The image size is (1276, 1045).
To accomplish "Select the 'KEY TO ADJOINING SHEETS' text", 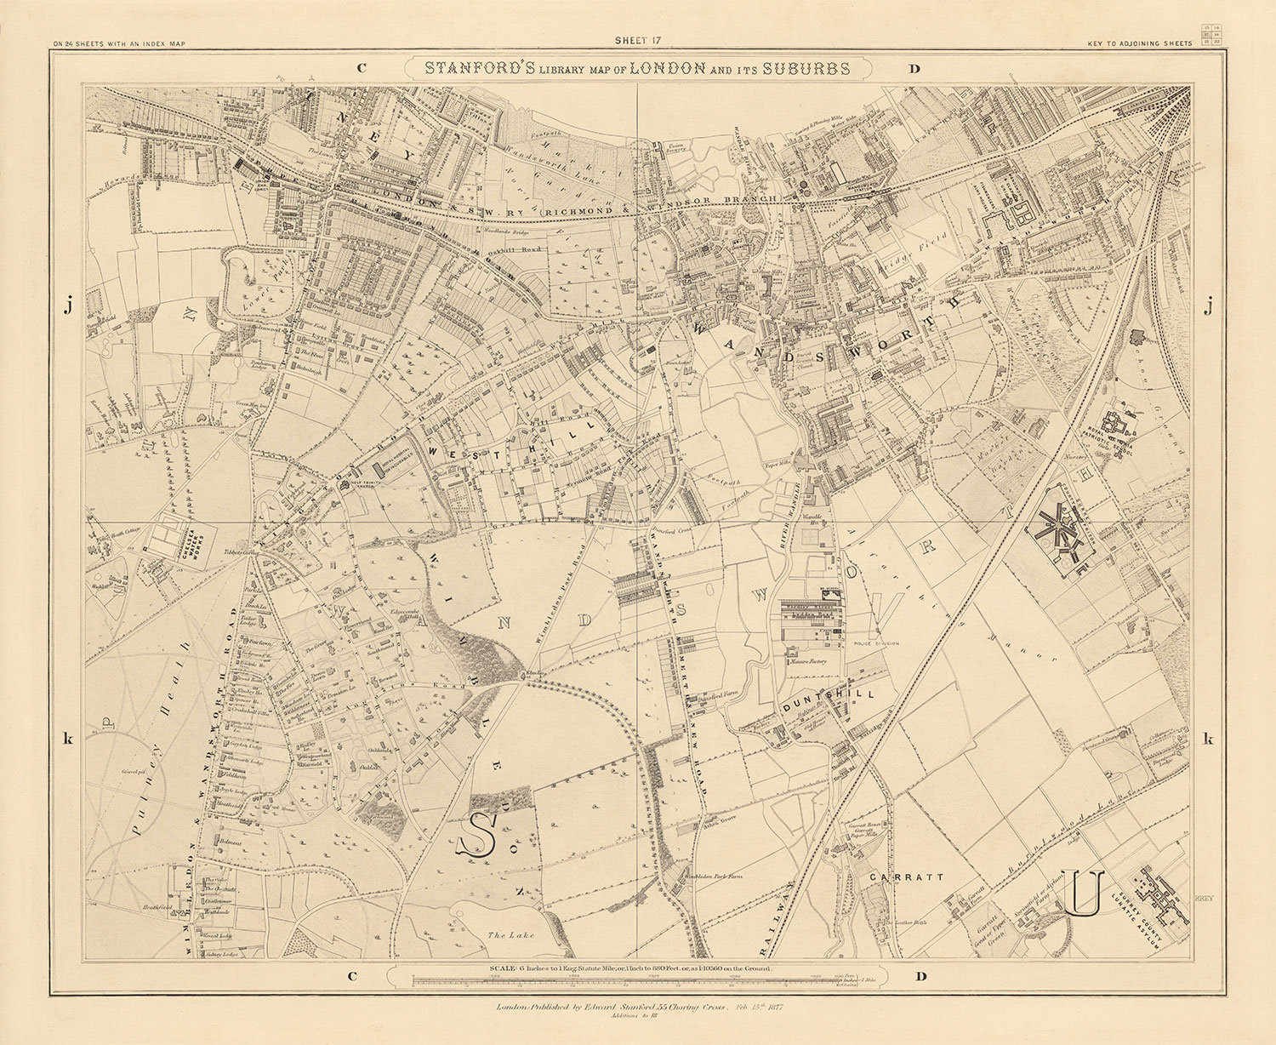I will (x=1141, y=43).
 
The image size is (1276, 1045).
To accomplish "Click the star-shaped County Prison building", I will (x=1056, y=527).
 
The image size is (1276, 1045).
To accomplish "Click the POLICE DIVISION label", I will (x=874, y=643).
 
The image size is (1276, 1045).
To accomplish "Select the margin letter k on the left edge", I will (x=68, y=739).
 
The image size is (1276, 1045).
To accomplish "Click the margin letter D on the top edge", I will (x=914, y=70).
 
